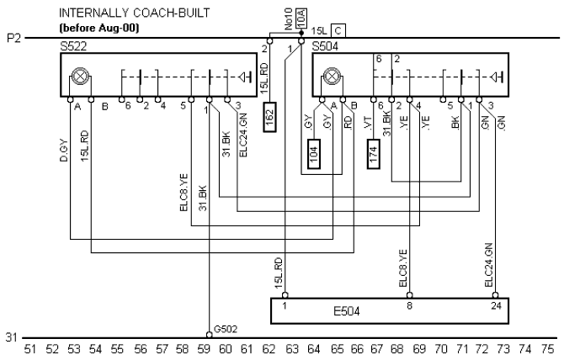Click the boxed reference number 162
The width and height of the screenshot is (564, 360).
270,114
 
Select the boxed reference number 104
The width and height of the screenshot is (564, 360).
313,156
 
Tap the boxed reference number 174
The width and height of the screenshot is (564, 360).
372,155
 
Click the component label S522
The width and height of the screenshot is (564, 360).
73,47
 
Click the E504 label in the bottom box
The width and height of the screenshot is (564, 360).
347,310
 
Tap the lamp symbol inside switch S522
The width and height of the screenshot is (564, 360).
80,77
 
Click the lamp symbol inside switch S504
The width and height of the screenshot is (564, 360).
332,77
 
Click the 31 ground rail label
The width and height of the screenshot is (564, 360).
10,337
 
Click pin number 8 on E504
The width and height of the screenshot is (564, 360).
410,304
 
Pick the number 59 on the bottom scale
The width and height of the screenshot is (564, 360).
203,348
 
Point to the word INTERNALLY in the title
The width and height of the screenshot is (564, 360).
88,13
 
